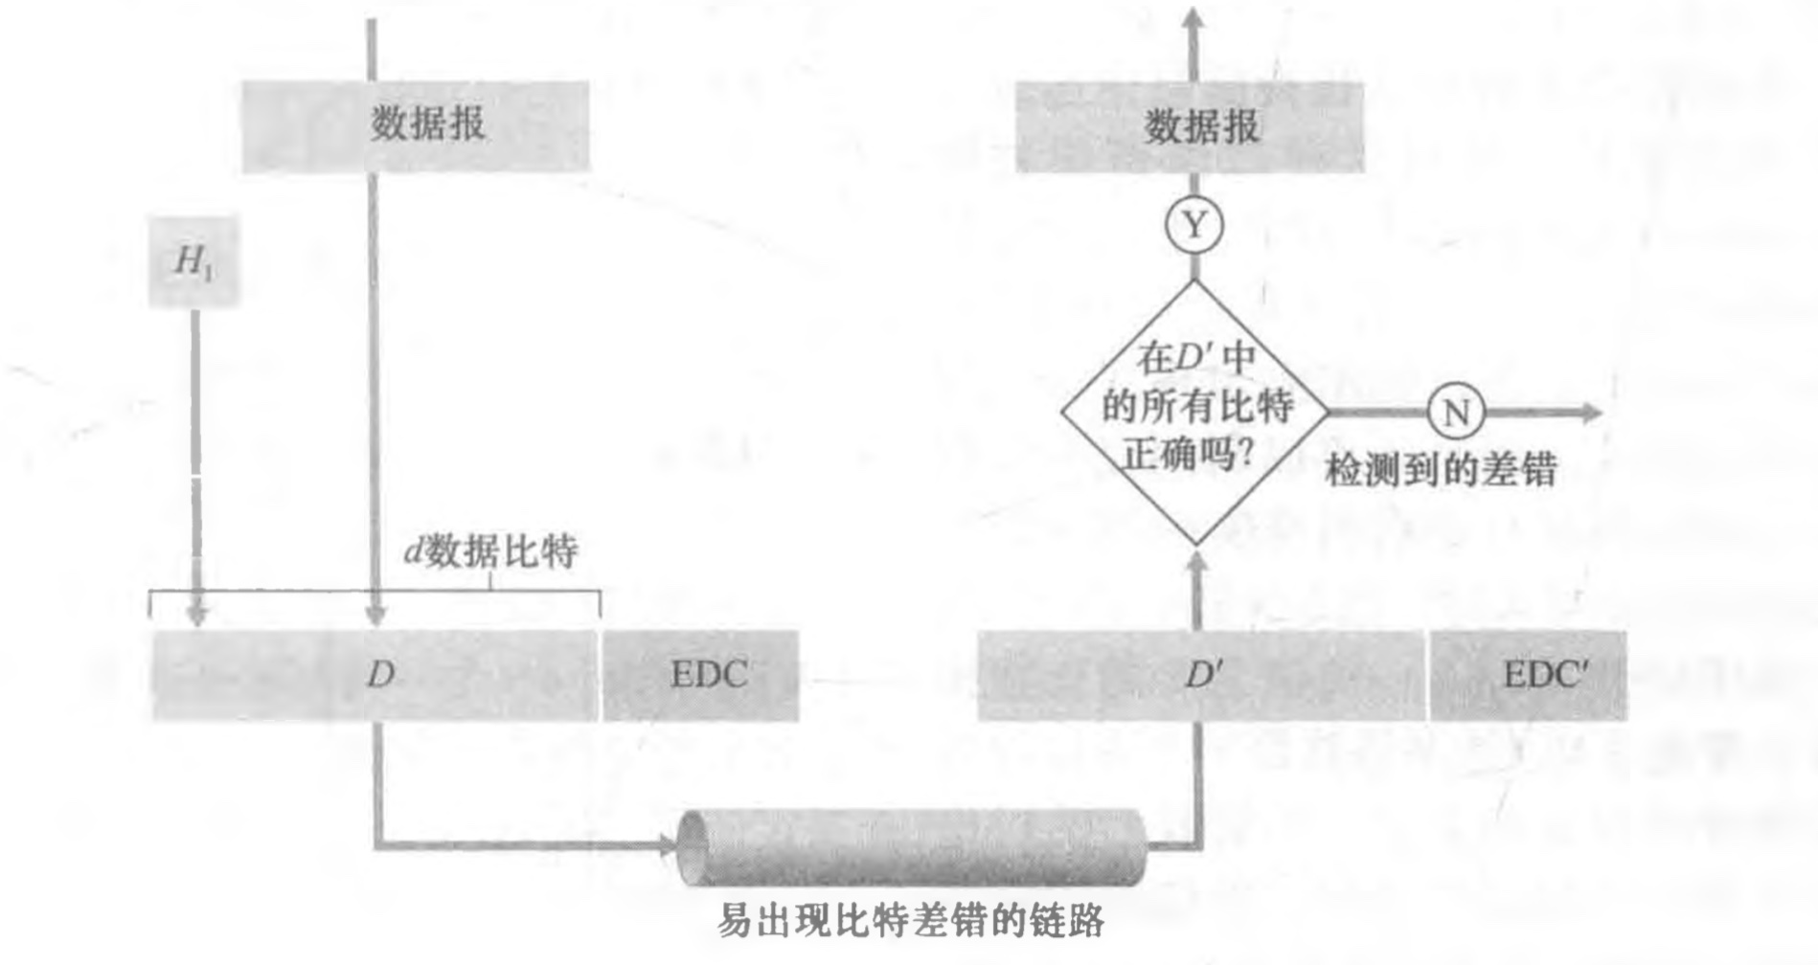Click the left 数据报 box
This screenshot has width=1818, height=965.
[416, 125]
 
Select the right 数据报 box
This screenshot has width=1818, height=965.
[1190, 126]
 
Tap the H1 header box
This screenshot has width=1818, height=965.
[193, 261]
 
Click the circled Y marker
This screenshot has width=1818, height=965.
[1194, 226]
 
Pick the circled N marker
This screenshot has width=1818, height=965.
[1455, 413]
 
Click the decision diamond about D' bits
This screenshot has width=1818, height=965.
[1194, 412]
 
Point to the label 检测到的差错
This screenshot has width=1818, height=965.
[1441, 470]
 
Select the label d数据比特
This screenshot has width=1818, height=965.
[490, 551]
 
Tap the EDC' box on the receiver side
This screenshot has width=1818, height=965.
[1529, 675]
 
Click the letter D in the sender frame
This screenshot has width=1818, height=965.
[380, 675]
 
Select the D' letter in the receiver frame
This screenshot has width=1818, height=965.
[1202, 675]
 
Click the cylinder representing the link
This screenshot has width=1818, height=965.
[910, 846]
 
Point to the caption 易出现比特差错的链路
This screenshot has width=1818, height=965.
[910, 921]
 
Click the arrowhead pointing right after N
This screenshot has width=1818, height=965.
[1590, 413]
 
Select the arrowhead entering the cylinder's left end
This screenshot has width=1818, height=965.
[667, 845]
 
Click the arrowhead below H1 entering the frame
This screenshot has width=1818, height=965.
[196, 615]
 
